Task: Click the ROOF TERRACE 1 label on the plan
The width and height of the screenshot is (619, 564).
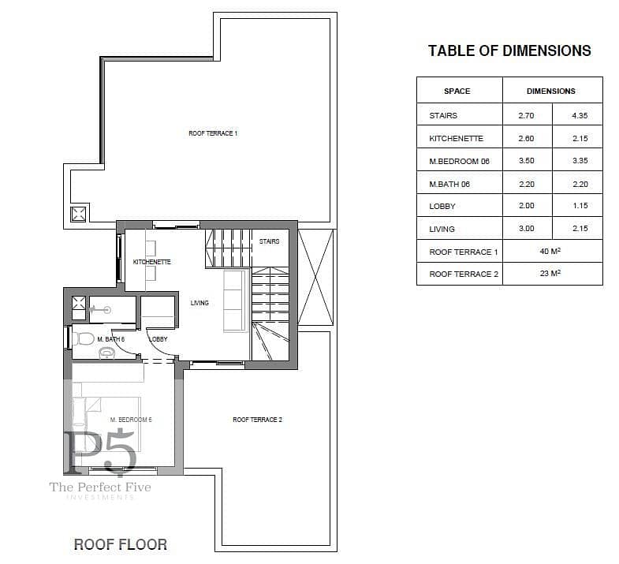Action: (213, 133)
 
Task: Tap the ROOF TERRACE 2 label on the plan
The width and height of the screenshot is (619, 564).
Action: (257, 420)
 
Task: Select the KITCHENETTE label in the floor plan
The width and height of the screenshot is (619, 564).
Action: (152, 262)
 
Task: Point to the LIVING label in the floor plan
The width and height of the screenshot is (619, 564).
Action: (199, 303)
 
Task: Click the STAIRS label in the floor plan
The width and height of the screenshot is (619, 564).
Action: (269, 241)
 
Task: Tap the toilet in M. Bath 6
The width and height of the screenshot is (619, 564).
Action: (84, 339)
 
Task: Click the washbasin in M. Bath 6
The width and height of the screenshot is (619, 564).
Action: (106, 353)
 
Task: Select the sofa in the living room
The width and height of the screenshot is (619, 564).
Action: (233, 301)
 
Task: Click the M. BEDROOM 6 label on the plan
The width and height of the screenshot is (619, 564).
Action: (131, 420)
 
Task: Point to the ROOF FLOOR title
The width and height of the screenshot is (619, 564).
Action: (121, 544)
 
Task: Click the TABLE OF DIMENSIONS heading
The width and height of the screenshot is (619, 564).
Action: (509, 50)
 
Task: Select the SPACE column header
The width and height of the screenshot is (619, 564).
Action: (457, 92)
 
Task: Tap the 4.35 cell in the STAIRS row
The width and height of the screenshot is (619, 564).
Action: (580, 115)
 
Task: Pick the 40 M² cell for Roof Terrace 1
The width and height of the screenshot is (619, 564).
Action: (550, 251)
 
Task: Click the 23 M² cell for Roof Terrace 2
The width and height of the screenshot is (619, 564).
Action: (550, 273)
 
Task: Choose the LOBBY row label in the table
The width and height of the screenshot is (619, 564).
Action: (442, 206)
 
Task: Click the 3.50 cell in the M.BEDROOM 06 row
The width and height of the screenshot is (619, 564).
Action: (526, 160)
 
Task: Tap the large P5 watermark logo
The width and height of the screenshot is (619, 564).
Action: (102, 452)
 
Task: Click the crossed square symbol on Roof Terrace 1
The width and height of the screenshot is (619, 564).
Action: (78, 214)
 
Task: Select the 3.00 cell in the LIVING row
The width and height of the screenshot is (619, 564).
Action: (526, 228)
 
